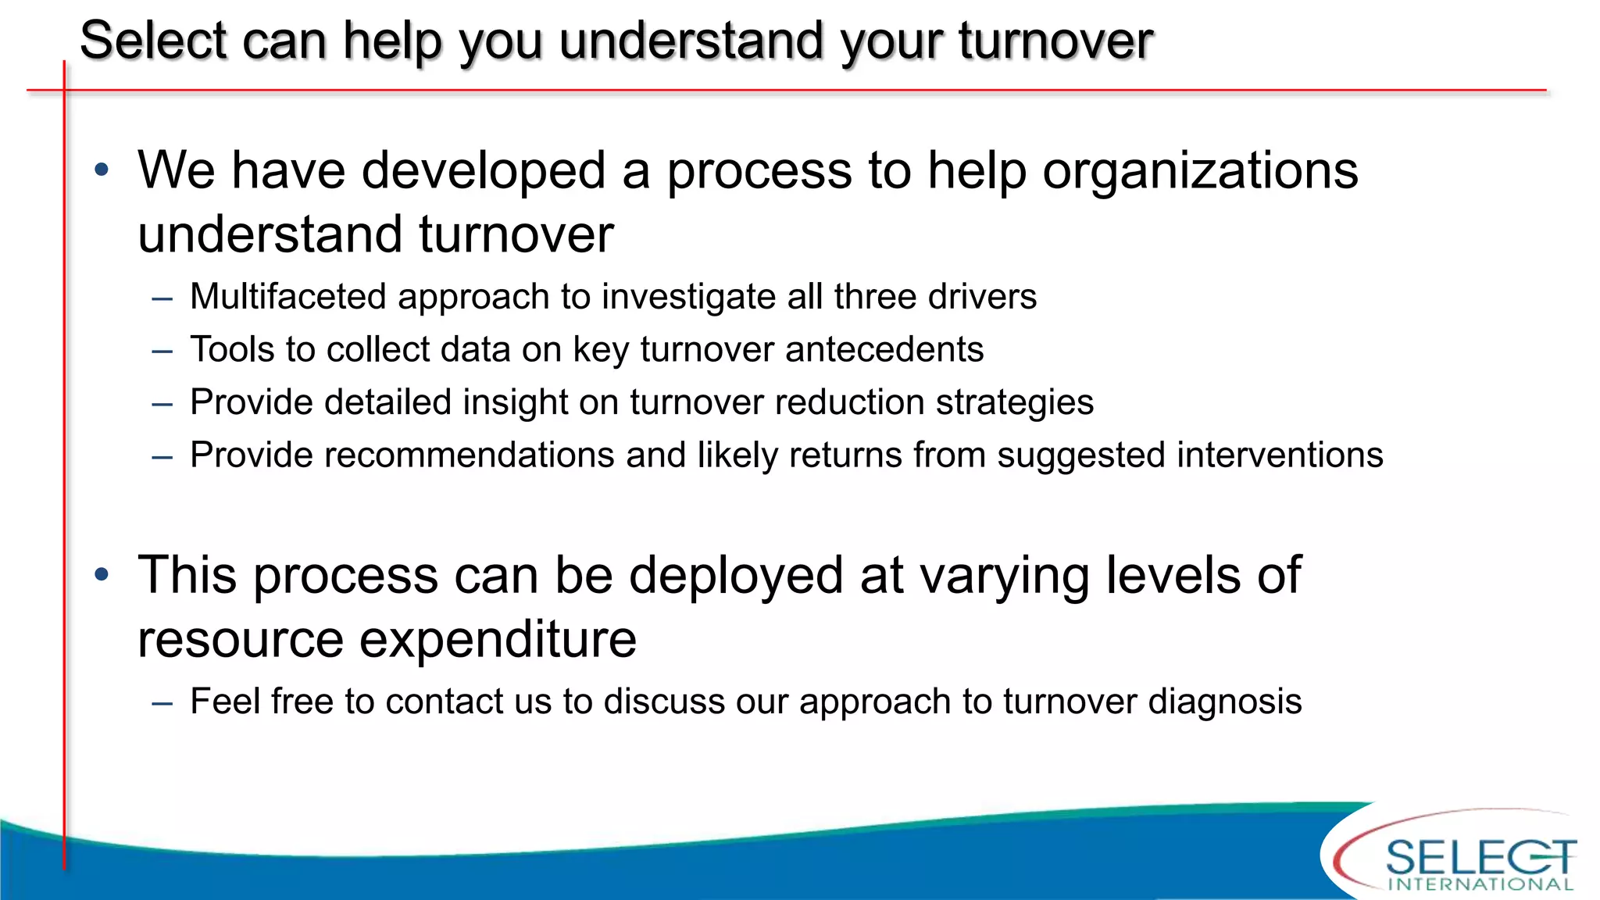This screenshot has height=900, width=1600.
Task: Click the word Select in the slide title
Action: [x=153, y=41]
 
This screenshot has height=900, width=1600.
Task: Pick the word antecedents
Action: [x=884, y=349]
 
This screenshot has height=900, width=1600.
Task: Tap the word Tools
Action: [x=232, y=349]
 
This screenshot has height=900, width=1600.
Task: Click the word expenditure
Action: [x=498, y=640]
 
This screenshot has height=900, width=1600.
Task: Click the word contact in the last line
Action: [x=442, y=702]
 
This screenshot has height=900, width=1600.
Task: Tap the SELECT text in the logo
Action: [x=1480, y=858]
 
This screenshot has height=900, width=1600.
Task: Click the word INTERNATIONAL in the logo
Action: [x=1480, y=885]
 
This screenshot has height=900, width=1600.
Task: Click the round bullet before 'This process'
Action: [x=102, y=575]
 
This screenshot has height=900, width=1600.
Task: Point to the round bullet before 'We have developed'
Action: [x=102, y=170]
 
